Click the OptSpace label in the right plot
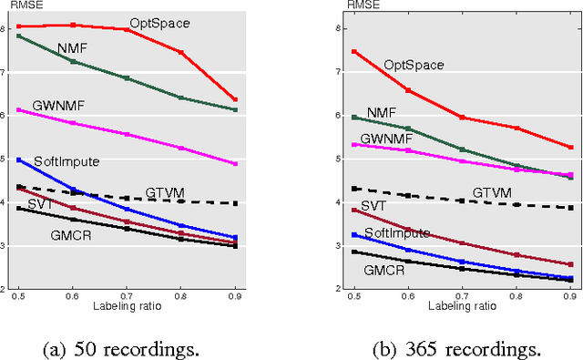(414, 65)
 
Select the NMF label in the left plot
(72, 47)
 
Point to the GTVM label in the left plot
(166, 192)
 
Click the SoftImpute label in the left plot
(66, 161)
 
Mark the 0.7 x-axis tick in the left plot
(127, 295)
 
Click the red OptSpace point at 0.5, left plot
(18, 26)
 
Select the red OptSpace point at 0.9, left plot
(235, 99)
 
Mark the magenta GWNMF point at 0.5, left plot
(18, 110)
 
